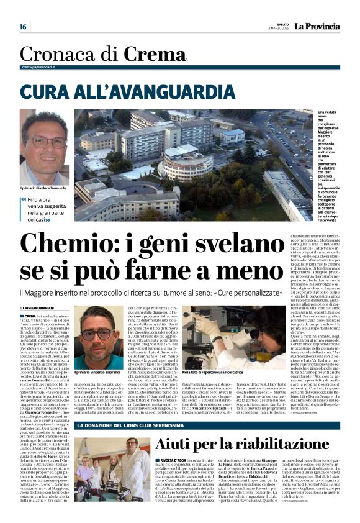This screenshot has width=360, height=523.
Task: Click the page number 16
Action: tap(23, 27)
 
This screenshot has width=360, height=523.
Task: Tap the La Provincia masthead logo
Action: tap(317, 26)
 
